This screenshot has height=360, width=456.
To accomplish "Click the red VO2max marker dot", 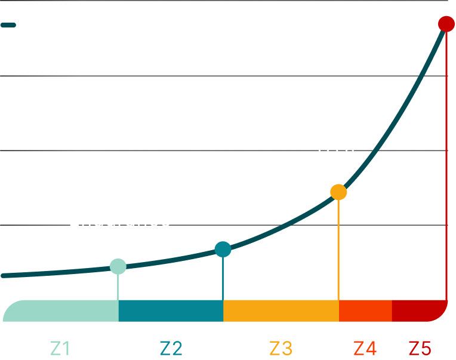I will (446, 24).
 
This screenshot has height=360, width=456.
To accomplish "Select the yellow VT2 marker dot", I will (338, 192).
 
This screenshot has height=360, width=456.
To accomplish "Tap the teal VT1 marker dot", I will (223, 249).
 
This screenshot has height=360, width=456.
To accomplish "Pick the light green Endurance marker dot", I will (118, 266).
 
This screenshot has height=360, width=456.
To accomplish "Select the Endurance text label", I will (119, 220).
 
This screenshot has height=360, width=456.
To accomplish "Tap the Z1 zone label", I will (61, 347).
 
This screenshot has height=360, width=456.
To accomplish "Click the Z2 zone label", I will (171, 347).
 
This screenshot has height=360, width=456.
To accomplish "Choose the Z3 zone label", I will (281, 347).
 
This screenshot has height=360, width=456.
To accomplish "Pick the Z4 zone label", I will (365, 347).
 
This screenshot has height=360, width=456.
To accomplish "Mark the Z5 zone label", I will (420, 347).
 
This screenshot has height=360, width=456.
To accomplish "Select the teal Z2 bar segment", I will (171, 310).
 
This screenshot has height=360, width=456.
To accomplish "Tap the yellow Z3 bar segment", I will (281, 310).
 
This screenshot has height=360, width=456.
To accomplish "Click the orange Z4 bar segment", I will (365, 310).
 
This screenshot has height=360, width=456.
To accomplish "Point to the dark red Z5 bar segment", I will (418, 310).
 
